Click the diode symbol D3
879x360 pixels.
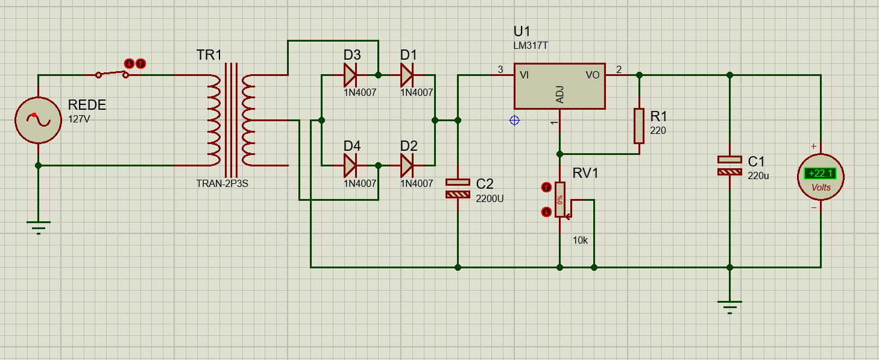(x=350, y=75)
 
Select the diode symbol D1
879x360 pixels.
(x=406, y=75)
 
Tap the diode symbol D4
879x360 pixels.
(x=350, y=166)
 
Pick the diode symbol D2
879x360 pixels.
(x=406, y=166)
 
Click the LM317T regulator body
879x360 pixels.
(x=559, y=86)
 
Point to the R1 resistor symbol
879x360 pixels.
(x=639, y=126)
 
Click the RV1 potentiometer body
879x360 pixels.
(x=560, y=200)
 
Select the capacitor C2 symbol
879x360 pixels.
(x=458, y=188)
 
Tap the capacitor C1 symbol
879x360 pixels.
(x=729, y=166)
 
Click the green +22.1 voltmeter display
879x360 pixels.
(x=820, y=173)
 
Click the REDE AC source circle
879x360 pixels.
(x=38, y=120)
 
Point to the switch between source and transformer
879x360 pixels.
(x=112, y=74)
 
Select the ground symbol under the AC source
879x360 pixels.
(x=39, y=228)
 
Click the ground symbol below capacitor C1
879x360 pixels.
(x=729, y=308)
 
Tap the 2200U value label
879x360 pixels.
(x=490, y=198)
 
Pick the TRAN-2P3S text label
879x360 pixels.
(x=222, y=184)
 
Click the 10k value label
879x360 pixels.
(x=580, y=240)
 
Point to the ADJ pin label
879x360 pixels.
(x=560, y=95)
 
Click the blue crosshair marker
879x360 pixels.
(x=514, y=121)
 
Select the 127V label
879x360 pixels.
(x=79, y=119)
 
